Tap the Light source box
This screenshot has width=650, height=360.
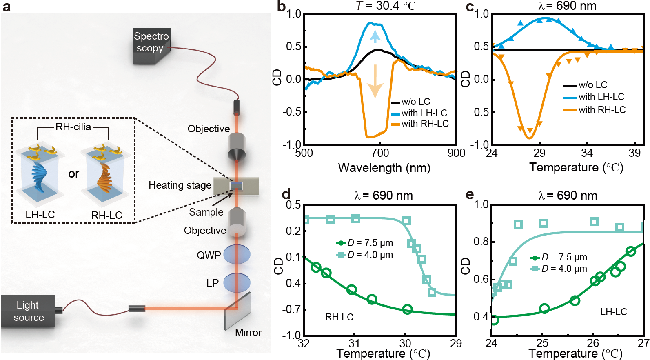tap(28, 311)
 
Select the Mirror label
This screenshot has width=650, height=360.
tap(248, 333)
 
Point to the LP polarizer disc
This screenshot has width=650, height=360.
tap(237, 282)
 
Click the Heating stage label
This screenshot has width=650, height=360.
tap(180, 185)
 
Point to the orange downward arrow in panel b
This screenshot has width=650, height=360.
tap(375, 82)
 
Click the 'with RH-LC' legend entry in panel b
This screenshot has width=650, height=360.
tap(420, 124)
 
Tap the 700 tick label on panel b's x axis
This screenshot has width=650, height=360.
tap(380, 153)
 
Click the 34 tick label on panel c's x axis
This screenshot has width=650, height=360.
tap(587, 153)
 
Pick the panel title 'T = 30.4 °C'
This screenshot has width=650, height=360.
tap(386, 6)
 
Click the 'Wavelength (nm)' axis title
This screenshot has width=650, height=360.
tap(384, 168)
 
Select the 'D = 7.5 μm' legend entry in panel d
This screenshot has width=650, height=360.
tap(365, 243)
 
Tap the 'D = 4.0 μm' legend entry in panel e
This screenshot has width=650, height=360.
tap(559, 269)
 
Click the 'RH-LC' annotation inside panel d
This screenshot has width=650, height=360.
tap(339, 317)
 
